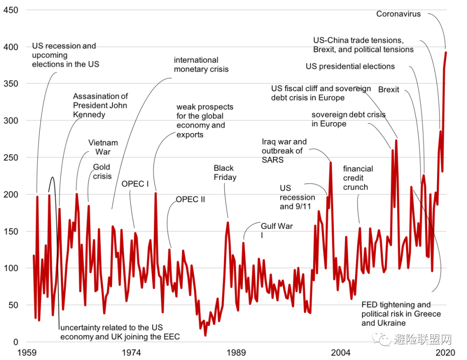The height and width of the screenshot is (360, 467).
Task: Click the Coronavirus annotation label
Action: tap(398, 14)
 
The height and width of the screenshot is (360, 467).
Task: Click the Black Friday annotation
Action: tap(225, 172)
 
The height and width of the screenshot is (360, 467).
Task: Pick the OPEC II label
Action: tap(190, 200)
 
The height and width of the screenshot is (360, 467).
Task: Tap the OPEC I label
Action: tap(135, 184)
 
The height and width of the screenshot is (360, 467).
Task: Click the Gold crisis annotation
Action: tap(102, 172)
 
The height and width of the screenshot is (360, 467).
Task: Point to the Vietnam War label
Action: tap(103, 147)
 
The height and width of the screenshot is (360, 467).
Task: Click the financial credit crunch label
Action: tap(358, 178)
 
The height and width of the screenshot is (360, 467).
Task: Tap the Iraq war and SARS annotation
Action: tap(284, 150)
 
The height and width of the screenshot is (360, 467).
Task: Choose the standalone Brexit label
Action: tap(389, 90)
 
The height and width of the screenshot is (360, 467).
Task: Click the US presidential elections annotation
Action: tap(350, 67)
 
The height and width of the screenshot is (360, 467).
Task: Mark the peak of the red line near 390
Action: tap(446, 52)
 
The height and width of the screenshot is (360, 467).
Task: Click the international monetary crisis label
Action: tap(201, 64)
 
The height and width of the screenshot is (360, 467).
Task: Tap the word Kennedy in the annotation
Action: tap(89, 115)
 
